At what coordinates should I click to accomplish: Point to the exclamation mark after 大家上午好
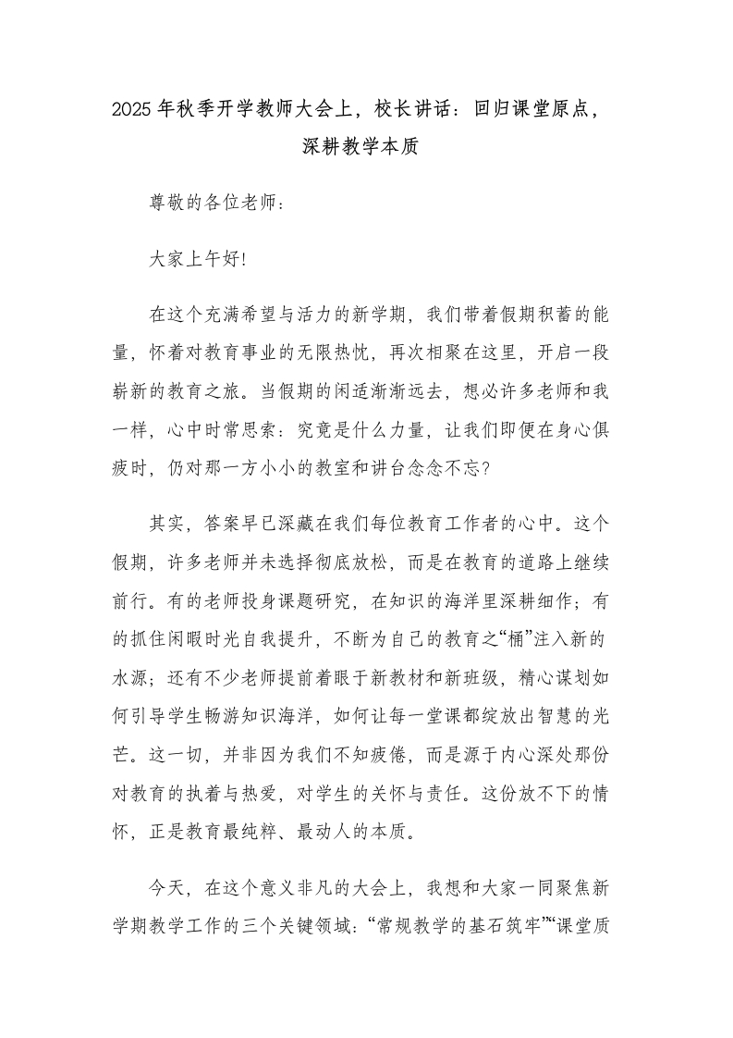244,261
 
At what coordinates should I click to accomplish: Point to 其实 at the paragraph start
166,526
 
